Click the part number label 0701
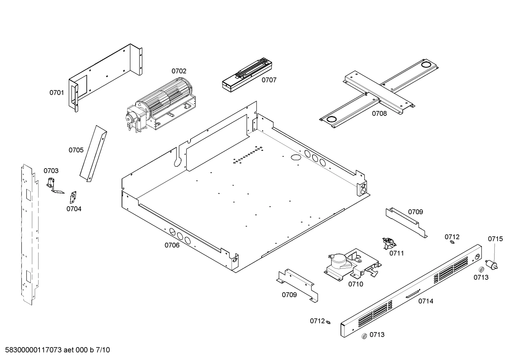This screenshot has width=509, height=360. point(56,93)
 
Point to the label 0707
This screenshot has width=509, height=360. point(269,80)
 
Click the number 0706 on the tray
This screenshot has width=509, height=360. point(172,245)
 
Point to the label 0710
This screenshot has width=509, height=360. point(355,284)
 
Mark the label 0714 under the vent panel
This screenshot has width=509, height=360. point(426,301)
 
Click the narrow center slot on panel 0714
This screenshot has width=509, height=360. point(412,294)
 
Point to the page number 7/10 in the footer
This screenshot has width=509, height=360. point(103,350)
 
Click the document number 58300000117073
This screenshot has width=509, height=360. point(32,350)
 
